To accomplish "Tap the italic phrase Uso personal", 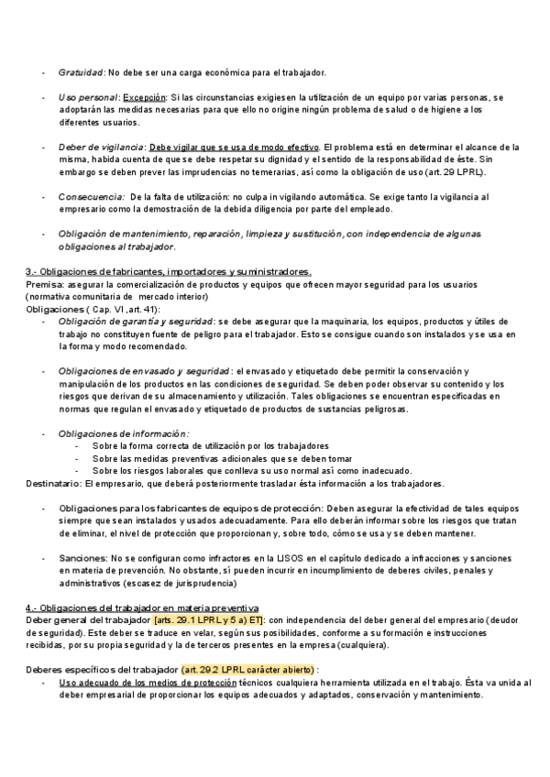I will [87, 96].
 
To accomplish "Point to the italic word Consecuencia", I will [91, 197].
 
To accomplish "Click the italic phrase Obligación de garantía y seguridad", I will [135, 322].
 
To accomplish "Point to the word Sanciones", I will [81, 557].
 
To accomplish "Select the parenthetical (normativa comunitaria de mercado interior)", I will [126, 297].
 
